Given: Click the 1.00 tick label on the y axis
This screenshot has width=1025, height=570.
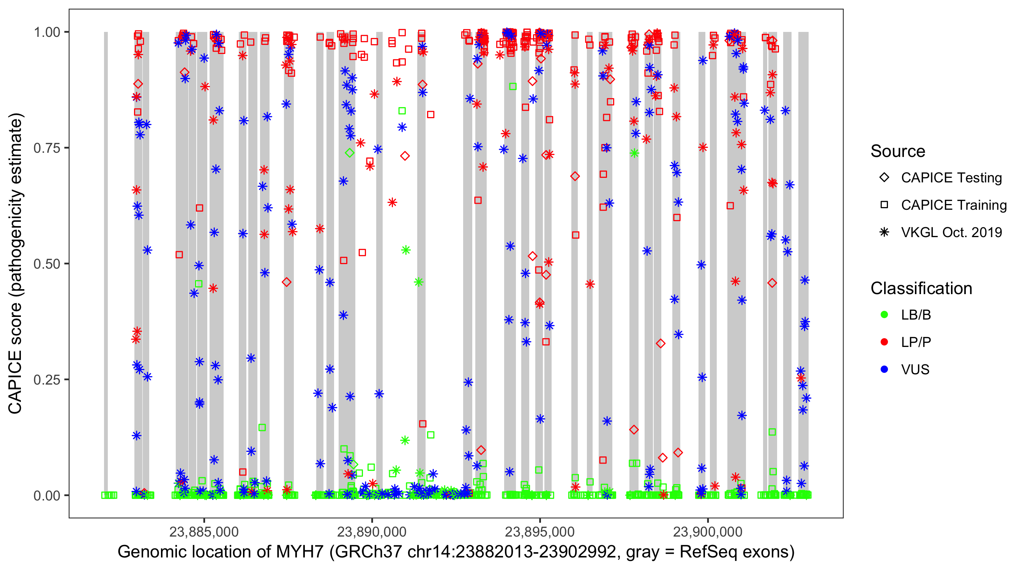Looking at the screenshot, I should click(x=47, y=32).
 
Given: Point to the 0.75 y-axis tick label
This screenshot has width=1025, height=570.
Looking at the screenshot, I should click(x=47, y=148).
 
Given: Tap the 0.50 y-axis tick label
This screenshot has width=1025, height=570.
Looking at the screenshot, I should click(x=47, y=264).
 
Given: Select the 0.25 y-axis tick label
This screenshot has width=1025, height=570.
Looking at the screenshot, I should click(x=47, y=380).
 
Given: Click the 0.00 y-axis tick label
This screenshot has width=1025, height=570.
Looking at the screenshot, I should click(x=47, y=496).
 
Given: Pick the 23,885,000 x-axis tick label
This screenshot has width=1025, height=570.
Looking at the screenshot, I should click(x=204, y=532).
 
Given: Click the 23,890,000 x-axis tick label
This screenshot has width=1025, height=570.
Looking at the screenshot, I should click(x=372, y=532).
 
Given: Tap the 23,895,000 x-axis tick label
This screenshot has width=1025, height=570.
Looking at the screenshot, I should click(x=539, y=532).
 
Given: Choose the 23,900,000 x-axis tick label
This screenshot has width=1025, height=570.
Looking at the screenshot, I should click(x=708, y=532).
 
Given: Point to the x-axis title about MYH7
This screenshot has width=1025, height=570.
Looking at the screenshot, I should click(x=456, y=552).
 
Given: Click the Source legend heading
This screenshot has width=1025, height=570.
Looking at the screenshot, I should click(x=898, y=151).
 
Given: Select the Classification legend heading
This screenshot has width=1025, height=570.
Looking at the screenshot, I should click(x=921, y=288).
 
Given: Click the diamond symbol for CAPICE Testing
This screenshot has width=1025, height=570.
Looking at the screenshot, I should click(x=884, y=178).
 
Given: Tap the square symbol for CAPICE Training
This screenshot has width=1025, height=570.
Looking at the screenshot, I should click(x=884, y=205).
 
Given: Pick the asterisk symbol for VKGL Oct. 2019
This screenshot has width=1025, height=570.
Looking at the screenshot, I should click(x=884, y=232).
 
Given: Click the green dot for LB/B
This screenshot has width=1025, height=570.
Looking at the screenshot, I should click(x=884, y=315).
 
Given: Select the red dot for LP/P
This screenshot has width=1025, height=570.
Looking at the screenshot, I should click(x=884, y=342).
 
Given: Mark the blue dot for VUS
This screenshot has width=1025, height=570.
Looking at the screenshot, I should click(x=884, y=370).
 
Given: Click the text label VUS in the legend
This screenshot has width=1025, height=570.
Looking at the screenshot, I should click(x=915, y=370).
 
